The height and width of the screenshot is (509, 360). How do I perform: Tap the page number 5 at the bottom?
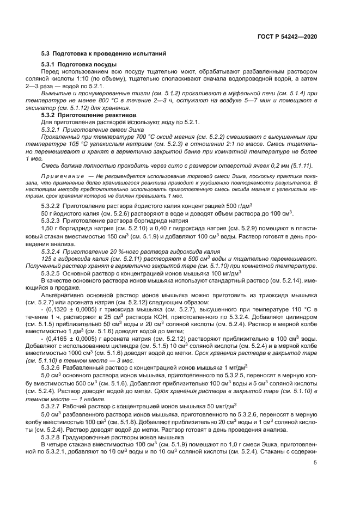point(315,463)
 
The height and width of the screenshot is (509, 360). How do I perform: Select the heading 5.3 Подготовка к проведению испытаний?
point(100,53)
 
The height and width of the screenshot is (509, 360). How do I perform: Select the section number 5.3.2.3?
point(51,221)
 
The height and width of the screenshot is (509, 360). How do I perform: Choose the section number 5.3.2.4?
point(51,252)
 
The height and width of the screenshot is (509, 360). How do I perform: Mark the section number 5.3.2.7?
point(51,404)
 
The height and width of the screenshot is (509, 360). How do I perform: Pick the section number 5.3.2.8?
point(51,437)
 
